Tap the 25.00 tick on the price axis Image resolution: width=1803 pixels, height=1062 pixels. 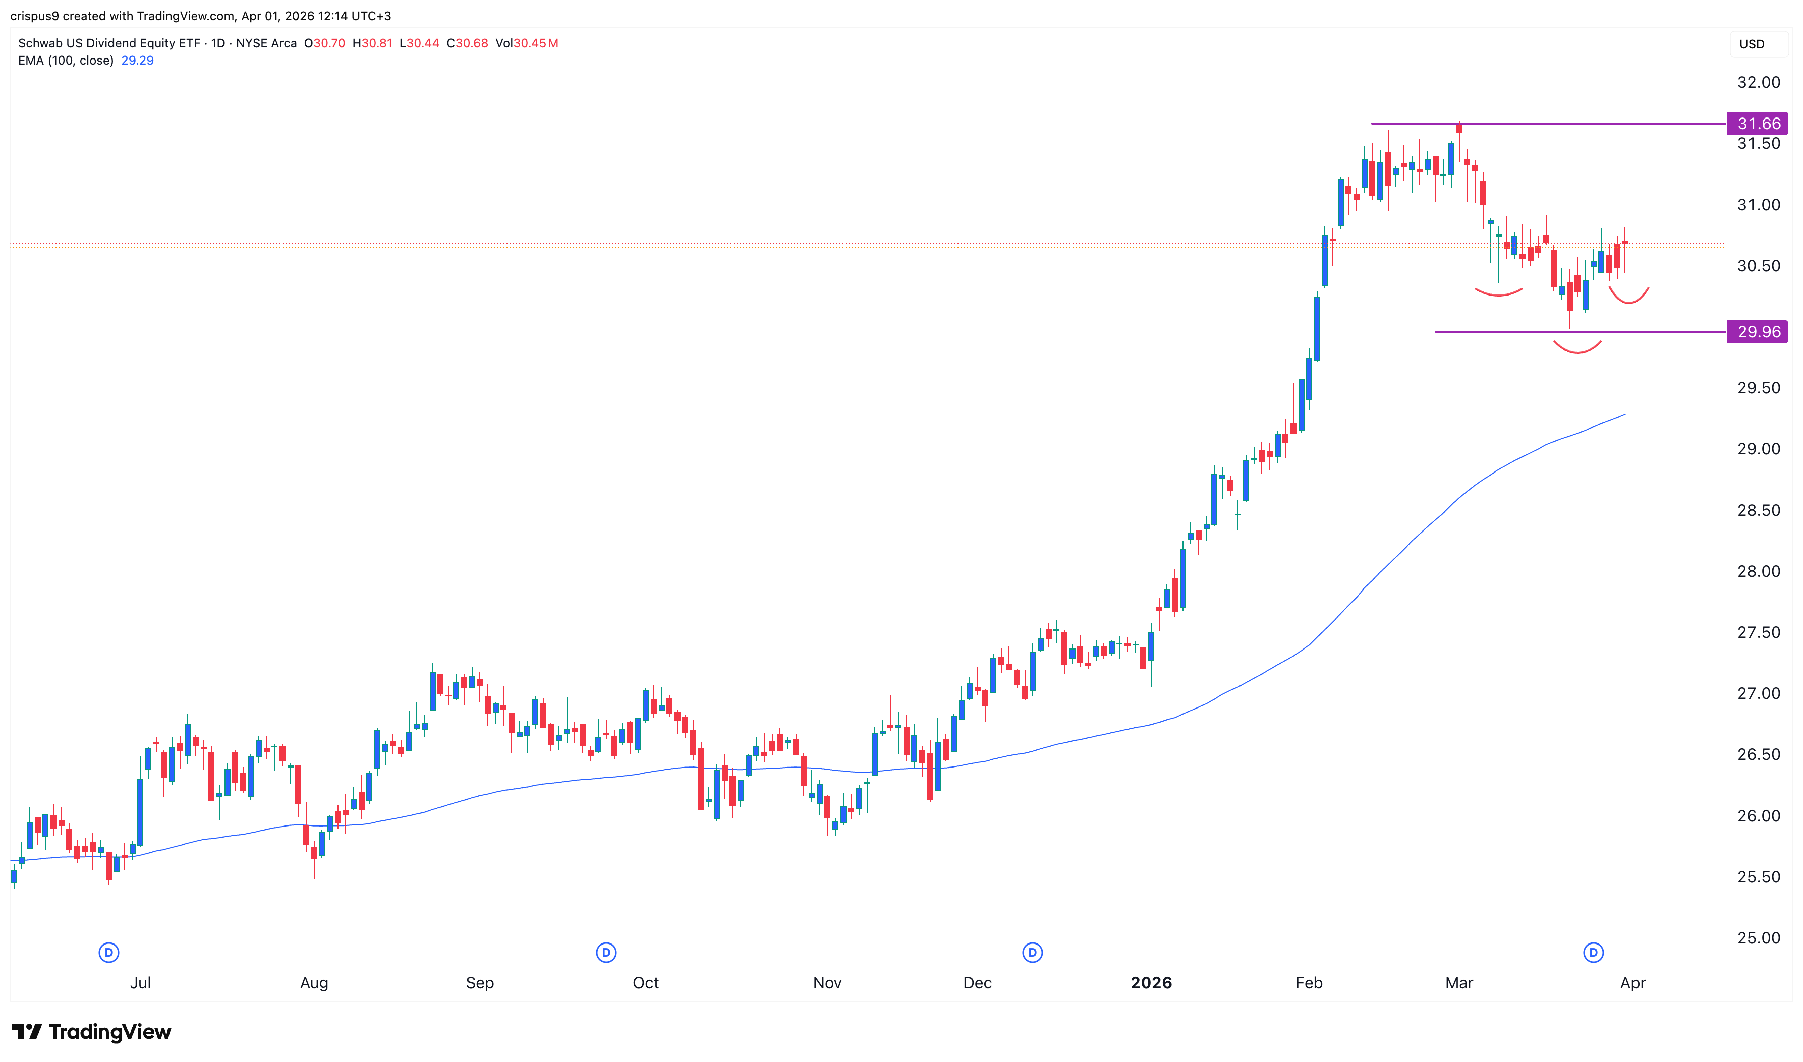tap(1758, 938)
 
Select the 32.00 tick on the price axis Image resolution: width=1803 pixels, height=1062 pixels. tap(1758, 82)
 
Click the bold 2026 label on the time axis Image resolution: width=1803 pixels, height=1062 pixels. tap(1151, 983)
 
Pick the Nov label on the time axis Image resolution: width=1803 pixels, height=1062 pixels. tap(827, 983)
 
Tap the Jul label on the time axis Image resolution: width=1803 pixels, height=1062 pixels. tap(140, 983)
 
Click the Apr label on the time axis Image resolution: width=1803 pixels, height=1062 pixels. tap(1632, 983)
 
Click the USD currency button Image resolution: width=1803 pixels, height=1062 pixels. tap(1752, 44)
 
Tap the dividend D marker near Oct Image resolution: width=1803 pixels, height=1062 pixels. tap(606, 953)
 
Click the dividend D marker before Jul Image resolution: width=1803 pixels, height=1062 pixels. tap(109, 953)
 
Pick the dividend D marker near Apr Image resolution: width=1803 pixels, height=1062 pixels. tap(1593, 953)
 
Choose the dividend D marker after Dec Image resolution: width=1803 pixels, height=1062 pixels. tap(1032, 953)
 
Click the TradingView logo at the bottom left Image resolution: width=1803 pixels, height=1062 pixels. tap(92, 1032)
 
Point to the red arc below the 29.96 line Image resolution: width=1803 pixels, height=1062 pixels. tap(1577, 348)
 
